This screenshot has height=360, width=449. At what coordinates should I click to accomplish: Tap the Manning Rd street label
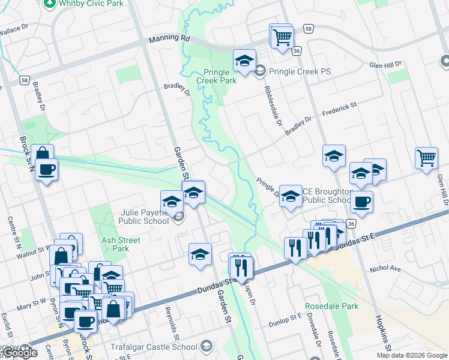(169, 38)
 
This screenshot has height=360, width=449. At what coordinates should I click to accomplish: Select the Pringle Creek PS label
(300, 71)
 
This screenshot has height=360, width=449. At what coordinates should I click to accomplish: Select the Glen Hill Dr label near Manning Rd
(384, 65)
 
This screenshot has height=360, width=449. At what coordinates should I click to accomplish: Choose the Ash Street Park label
(121, 244)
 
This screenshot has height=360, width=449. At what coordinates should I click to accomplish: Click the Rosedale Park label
(338, 306)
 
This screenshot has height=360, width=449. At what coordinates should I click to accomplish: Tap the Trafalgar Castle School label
(154, 347)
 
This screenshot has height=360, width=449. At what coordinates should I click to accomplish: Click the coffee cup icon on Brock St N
(46, 169)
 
